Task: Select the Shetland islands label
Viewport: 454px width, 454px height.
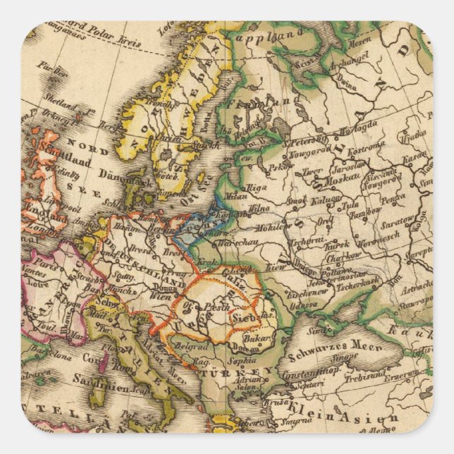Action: [42, 98]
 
